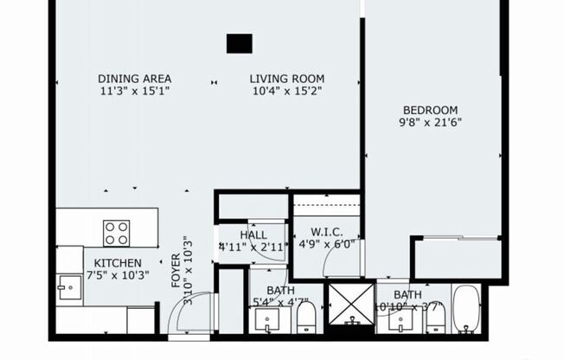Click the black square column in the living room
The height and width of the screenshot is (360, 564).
(x=240, y=43)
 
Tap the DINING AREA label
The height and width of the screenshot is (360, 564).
(x=133, y=78)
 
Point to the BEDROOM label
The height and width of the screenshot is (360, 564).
(x=430, y=110)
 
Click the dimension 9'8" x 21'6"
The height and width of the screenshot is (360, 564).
(x=430, y=123)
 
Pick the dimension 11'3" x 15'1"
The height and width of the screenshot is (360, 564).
(x=133, y=90)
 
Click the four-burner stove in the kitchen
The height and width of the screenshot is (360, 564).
(x=117, y=233)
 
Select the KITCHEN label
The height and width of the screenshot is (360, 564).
(x=112, y=263)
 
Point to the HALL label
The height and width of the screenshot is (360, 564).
(x=253, y=235)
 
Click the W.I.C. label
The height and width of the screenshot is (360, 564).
(x=327, y=231)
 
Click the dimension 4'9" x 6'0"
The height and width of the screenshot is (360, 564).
(x=327, y=244)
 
